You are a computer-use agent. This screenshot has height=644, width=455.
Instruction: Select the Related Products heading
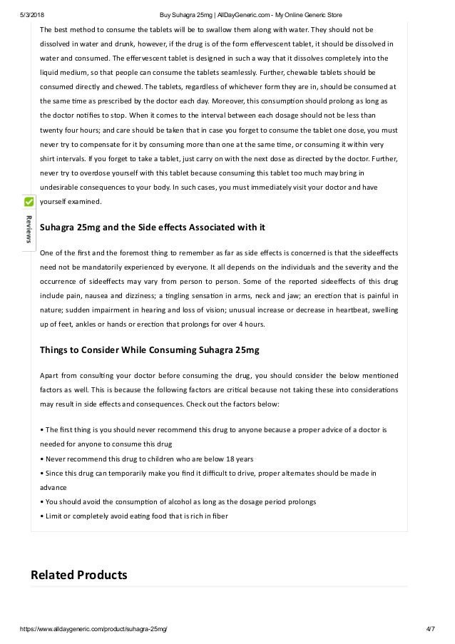click(x=78, y=574)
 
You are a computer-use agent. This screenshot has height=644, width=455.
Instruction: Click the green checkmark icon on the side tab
click(x=29, y=203)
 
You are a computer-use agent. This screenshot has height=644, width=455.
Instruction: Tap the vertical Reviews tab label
click(x=29, y=228)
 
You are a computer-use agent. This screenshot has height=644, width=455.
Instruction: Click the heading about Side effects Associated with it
click(x=151, y=228)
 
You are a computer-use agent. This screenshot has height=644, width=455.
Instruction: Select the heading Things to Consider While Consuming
click(x=149, y=349)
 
